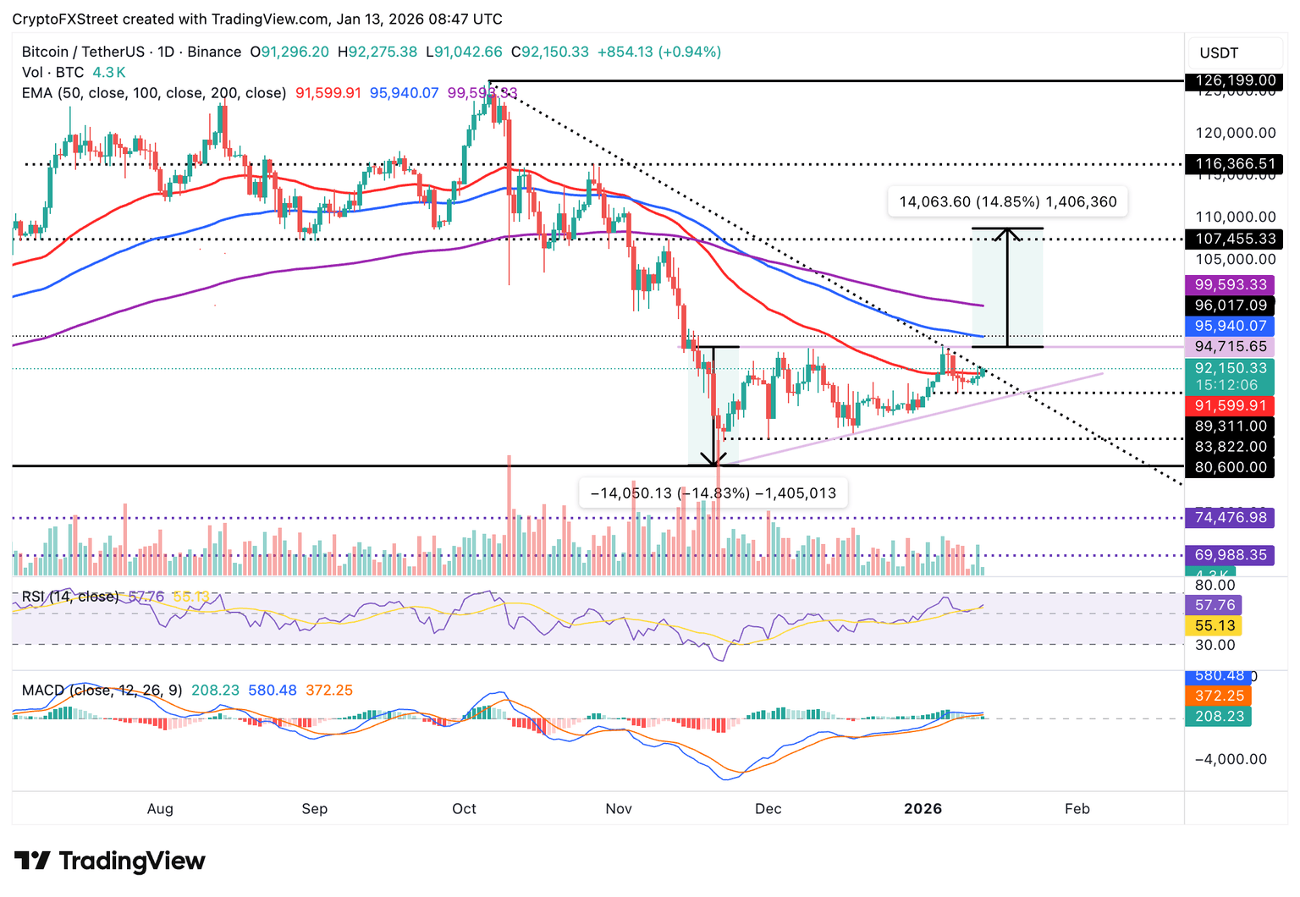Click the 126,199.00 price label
[1235, 81]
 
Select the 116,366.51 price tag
[1235, 164]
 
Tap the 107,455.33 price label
[1235, 239]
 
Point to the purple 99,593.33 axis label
[1231, 285]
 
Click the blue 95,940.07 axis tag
[1231, 326]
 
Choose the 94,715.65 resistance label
[1231, 347]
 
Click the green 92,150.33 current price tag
[1231, 368]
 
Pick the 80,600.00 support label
[1231, 467]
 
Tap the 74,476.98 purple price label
[1231, 517]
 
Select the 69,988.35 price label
[1231, 555]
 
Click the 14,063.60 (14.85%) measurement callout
[1007, 202]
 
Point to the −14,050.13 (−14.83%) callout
[713, 493]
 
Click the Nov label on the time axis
[619, 809]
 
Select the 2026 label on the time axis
[923, 809]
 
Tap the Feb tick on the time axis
[1077, 809]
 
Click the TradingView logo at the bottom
[110, 861]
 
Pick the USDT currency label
[1219, 53]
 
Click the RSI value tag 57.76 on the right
[1215, 605]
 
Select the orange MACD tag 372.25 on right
[1219, 696]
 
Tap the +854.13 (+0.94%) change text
[659, 52]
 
